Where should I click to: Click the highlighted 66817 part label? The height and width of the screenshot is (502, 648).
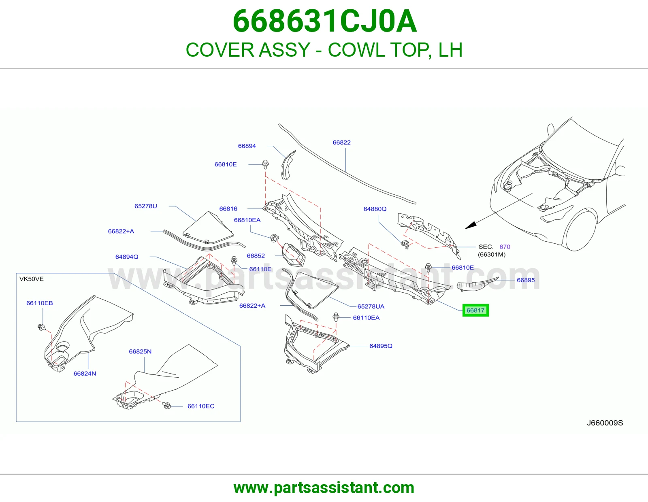[x=475, y=311]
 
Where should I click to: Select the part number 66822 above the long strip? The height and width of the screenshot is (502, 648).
[x=341, y=143]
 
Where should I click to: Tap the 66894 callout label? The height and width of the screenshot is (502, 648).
[x=247, y=146]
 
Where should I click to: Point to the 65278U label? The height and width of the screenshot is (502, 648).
[x=145, y=206]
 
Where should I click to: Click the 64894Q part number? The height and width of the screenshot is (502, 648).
[x=127, y=257]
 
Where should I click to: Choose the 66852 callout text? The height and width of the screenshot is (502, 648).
[x=256, y=256]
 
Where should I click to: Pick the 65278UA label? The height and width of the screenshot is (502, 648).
[x=371, y=306]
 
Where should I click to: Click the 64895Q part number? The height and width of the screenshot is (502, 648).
[x=381, y=346]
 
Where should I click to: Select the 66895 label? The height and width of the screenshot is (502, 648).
[x=526, y=280]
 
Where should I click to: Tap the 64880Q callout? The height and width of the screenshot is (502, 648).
[x=375, y=209]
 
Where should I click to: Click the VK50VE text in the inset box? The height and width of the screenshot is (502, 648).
[x=31, y=279]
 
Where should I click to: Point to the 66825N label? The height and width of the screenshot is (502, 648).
[x=140, y=351]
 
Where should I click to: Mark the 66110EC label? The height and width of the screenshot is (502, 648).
[x=201, y=406]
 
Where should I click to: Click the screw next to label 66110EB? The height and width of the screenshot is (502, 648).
[x=42, y=328]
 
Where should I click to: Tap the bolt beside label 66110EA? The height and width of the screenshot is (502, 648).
[x=336, y=317]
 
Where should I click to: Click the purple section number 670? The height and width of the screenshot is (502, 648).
[x=505, y=247]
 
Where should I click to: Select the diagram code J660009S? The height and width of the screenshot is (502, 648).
[x=605, y=423]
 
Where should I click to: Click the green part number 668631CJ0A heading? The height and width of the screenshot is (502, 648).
[x=324, y=21]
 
